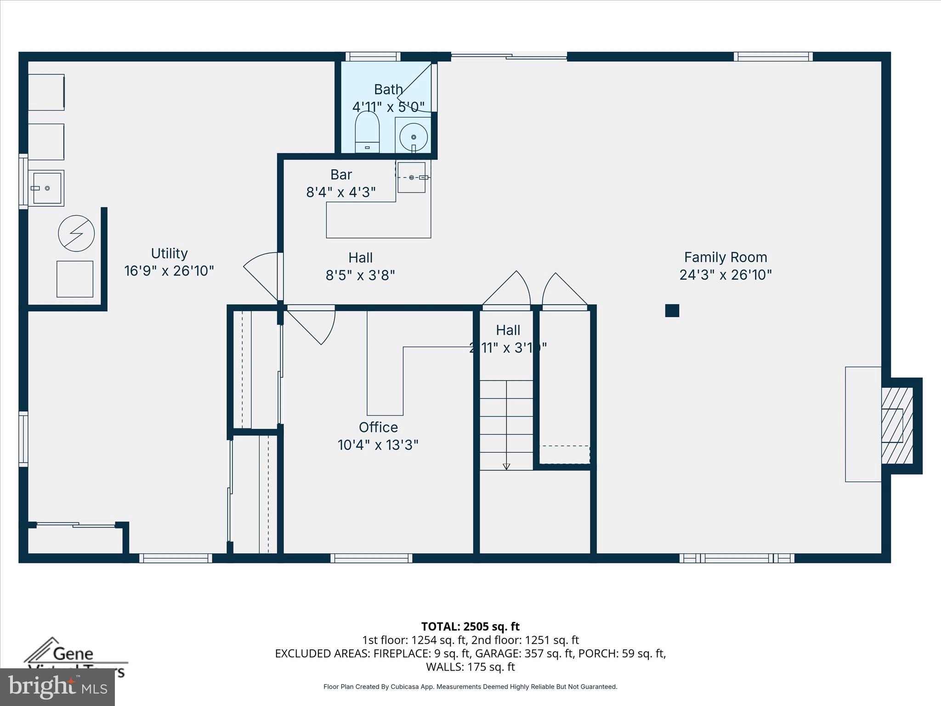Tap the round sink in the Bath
click(413, 137)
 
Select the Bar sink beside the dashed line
click(411, 177)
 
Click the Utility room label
click(169, 254)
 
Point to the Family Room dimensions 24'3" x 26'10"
click(725, 275)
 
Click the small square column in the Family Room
click(672, 311)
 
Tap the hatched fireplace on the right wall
click(896, 426)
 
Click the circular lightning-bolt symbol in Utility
click(76, 233)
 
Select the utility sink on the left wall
click(46, 188)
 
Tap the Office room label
click(378, 427)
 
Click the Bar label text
click(341, 175)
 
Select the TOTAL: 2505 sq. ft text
click(470, 626)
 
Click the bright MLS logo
click(57, 687)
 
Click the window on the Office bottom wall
click(371, 558)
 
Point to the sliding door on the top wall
click(509, 57)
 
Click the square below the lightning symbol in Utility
click(75, 279)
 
